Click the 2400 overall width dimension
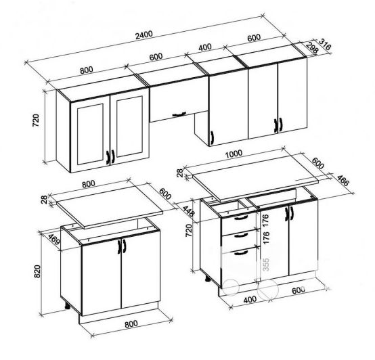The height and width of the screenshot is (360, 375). pos(144,35)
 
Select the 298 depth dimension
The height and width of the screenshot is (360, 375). pos(312,48)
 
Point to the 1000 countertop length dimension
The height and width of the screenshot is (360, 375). pos(234,154)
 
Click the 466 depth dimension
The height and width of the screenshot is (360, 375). pos(343,181)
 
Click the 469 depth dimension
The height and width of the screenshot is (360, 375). pos(54,240)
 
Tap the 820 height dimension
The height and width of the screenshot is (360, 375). pos(37,271)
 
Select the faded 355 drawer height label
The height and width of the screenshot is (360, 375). pos(265,265)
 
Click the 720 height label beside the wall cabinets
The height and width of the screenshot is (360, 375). pos(35,120)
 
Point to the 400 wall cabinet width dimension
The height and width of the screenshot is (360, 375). pos(205,47)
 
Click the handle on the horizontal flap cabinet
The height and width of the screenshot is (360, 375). pos(179,114)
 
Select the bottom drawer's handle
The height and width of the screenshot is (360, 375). pos(241,252)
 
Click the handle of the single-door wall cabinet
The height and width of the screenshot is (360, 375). pos(212,137)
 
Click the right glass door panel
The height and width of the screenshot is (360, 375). pos(129,127)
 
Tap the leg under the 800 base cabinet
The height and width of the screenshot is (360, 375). pos(68,306)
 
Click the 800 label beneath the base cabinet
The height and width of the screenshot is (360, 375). pos(131,324)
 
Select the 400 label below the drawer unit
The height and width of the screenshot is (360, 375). pos(250,299)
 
